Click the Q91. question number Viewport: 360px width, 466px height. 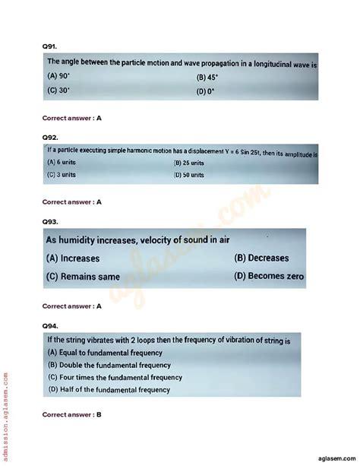point(49,46)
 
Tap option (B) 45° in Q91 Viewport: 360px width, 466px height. point(207,78)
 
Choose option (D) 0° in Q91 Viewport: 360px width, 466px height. point(205,91)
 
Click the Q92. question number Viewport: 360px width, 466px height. point(50,138)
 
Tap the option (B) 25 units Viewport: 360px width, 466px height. point(189,163)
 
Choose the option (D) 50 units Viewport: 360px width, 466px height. point(189,175)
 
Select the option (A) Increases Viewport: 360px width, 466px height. point(73,258)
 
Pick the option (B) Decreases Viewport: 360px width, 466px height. point(262,258)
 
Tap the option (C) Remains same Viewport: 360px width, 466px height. point(84,277)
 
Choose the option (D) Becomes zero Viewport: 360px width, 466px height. point(269,277)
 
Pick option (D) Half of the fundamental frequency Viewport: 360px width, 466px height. point(109,390)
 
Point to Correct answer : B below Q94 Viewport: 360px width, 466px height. point(72,414)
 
